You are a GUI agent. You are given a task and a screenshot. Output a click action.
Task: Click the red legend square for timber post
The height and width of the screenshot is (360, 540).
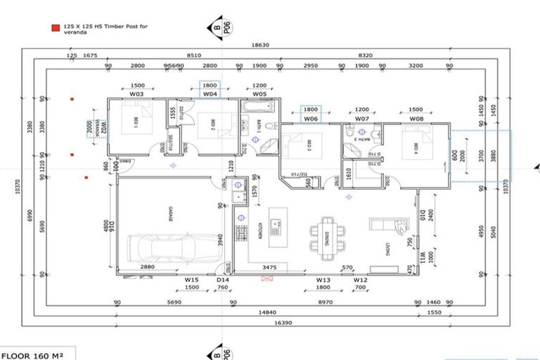tap(55, 28)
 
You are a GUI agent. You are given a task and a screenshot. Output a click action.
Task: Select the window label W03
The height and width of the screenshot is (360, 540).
tap(137, 94)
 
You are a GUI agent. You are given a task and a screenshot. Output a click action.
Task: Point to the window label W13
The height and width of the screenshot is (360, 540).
tap(323, 279)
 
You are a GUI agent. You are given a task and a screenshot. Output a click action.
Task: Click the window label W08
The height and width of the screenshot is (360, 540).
tap(416, 119)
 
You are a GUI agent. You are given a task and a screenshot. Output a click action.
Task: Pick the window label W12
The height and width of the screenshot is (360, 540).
tap(361, 279)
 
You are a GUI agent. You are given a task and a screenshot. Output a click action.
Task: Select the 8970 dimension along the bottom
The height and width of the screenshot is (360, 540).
tap(323, 302)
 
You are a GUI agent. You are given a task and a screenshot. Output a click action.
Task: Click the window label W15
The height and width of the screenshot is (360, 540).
tap(191, 279)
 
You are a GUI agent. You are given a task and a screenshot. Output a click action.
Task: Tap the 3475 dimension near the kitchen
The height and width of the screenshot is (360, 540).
tap(269, 268)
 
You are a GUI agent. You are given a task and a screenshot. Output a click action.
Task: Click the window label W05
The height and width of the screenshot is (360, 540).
tap(259, 94)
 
